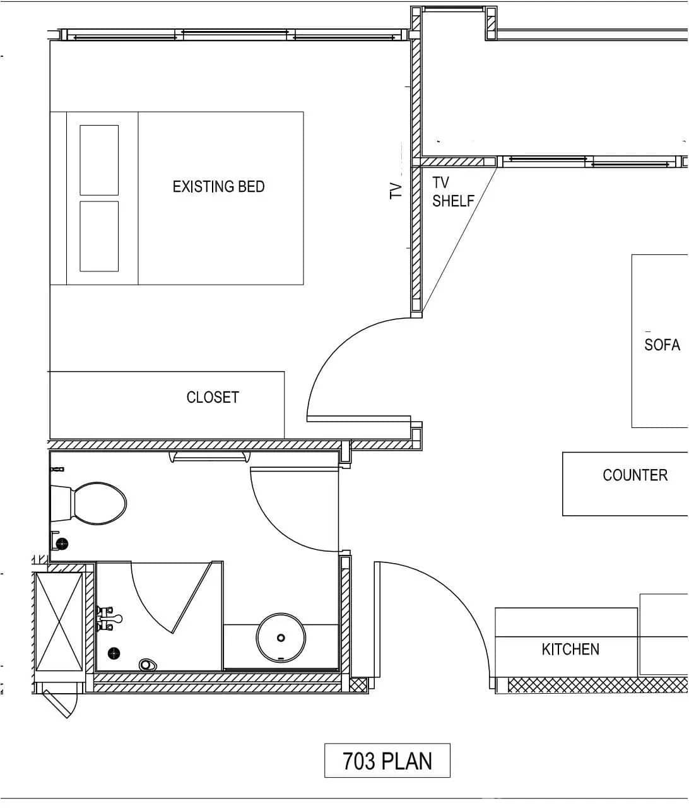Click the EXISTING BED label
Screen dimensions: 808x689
click(218, 187)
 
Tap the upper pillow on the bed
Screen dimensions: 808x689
click(99, 160)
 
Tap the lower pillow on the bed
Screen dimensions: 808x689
click(99, 236)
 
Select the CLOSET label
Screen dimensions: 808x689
click(213, 397)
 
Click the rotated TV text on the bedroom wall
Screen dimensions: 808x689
click(396, 191)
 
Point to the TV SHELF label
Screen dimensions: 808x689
click(452, 192)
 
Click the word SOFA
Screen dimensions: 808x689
click(662, 345)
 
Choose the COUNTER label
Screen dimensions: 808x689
click(635, 475)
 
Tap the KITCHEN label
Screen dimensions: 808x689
click(570, 649)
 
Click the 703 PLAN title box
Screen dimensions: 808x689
click(387, 761)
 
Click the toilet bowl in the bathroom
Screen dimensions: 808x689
click(99, 503)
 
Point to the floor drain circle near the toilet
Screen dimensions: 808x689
click(62, 543)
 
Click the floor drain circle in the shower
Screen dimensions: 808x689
click(114, 653)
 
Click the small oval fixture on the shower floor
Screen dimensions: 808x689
click(147, 664)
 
